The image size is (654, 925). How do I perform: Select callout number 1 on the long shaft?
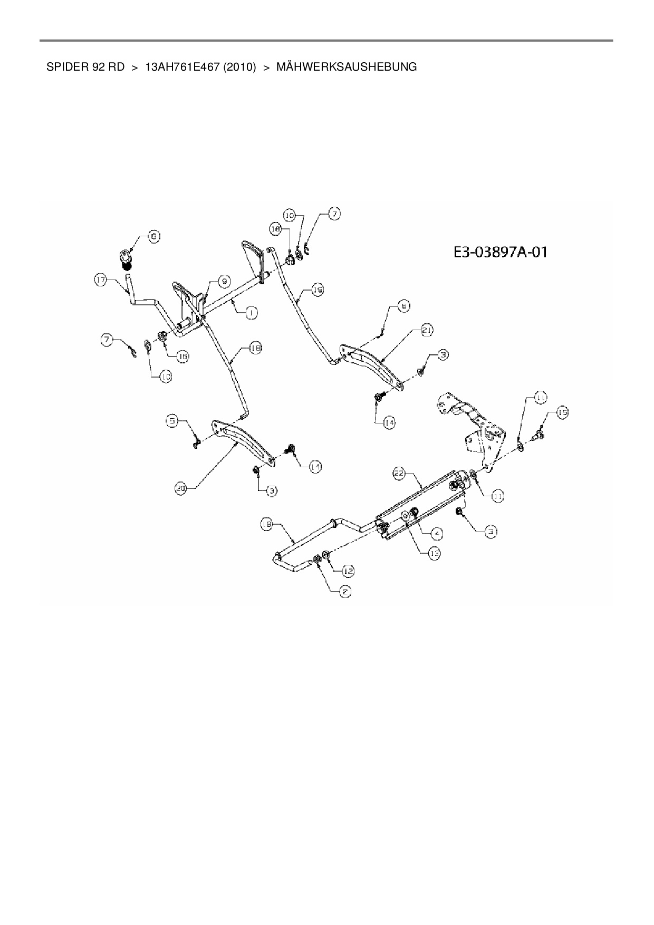(x=252, y=313)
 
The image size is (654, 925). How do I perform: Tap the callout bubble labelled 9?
(x=224, y=282)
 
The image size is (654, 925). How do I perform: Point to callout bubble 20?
(x=181, y=489)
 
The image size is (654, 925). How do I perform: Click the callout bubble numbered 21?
(x=427, y=330)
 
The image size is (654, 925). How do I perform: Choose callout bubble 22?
(x=398, y=474)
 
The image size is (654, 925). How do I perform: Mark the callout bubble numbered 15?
(x=562, y=413)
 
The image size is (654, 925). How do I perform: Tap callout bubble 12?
(x=348, y=571)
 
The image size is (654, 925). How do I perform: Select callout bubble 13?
(x=434, y=553)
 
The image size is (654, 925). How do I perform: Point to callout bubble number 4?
(x=437, y=534)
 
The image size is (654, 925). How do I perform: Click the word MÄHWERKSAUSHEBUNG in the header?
(x=347, y=67)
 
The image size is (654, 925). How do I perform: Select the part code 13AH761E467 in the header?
(x=181, y=67)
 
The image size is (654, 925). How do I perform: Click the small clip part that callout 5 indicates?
(x=195, y=444)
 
